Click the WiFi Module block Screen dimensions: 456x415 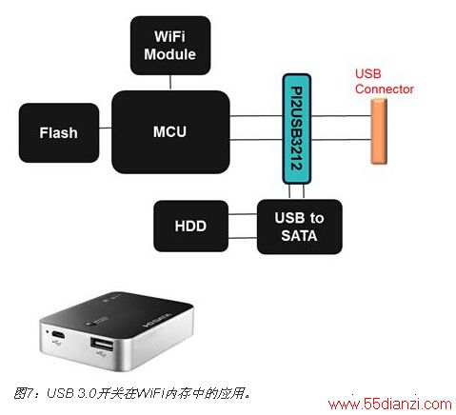pyautogui.click(x=170, y=46)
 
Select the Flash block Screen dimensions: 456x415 pyautogui.click(x=59, y=132)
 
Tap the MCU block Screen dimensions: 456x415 pyautogui.click(x=170, y=132)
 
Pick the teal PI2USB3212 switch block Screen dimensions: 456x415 pyautogui.click(x=296, y=128)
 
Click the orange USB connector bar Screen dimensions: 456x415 pyautogui.click(x=379, y=131)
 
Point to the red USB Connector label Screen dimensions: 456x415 pyautogui.click(x=385, y=81)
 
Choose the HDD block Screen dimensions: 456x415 pyautogui.click(x=190, y=227)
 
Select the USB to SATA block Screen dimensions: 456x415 pyautogui.click(x=299, y=227)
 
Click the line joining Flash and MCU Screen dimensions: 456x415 pyautogui.click(x=106, y=128)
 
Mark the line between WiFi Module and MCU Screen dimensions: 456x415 pyautogui.click(x=170, y=83)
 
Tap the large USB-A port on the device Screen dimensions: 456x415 pyautogui.click(x=102, y=345)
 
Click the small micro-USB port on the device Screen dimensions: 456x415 pyautogui.click(x=58, y=335)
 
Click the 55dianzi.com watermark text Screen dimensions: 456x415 pyautogui.click(x=389, y=404)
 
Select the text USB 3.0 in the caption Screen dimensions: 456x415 pyautogui.click(x=71, y=393)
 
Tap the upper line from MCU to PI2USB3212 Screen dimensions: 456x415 pyautogui.click(x=256, y=116)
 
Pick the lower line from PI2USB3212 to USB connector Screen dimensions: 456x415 pyautogui.click(x=341, y=140)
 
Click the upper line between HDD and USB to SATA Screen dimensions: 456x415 pyautogui.click(x=243, y=214)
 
